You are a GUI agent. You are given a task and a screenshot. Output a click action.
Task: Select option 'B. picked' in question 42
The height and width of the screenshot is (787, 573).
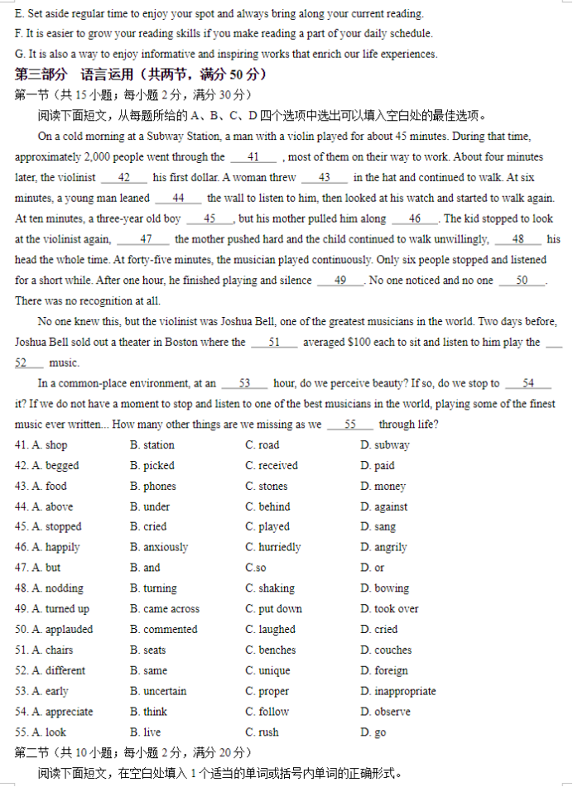pyautogui.click(x=152, y=466)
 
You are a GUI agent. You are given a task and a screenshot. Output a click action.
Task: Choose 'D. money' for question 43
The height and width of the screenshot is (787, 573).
pyautogui.click(x=383, y=487)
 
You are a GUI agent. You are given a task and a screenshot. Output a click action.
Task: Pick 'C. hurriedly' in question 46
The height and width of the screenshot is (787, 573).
pyautogui.click(x=272, y=548)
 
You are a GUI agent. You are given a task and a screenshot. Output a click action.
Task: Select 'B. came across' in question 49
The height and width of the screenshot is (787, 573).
pyautogui.click(x=164, y=609)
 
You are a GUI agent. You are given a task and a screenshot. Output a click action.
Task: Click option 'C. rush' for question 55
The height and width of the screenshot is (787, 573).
pyautogui.click(x=262, y=732)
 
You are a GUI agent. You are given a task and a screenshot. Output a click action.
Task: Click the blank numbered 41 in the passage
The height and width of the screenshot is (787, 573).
pyautogui.click(x=253, y=157)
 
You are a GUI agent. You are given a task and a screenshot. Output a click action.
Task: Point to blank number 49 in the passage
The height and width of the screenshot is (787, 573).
pyautogui.click(x=340, y=281)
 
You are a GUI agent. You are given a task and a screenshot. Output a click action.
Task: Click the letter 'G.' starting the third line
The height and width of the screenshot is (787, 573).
pyautogui.click(x=20, y=54)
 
